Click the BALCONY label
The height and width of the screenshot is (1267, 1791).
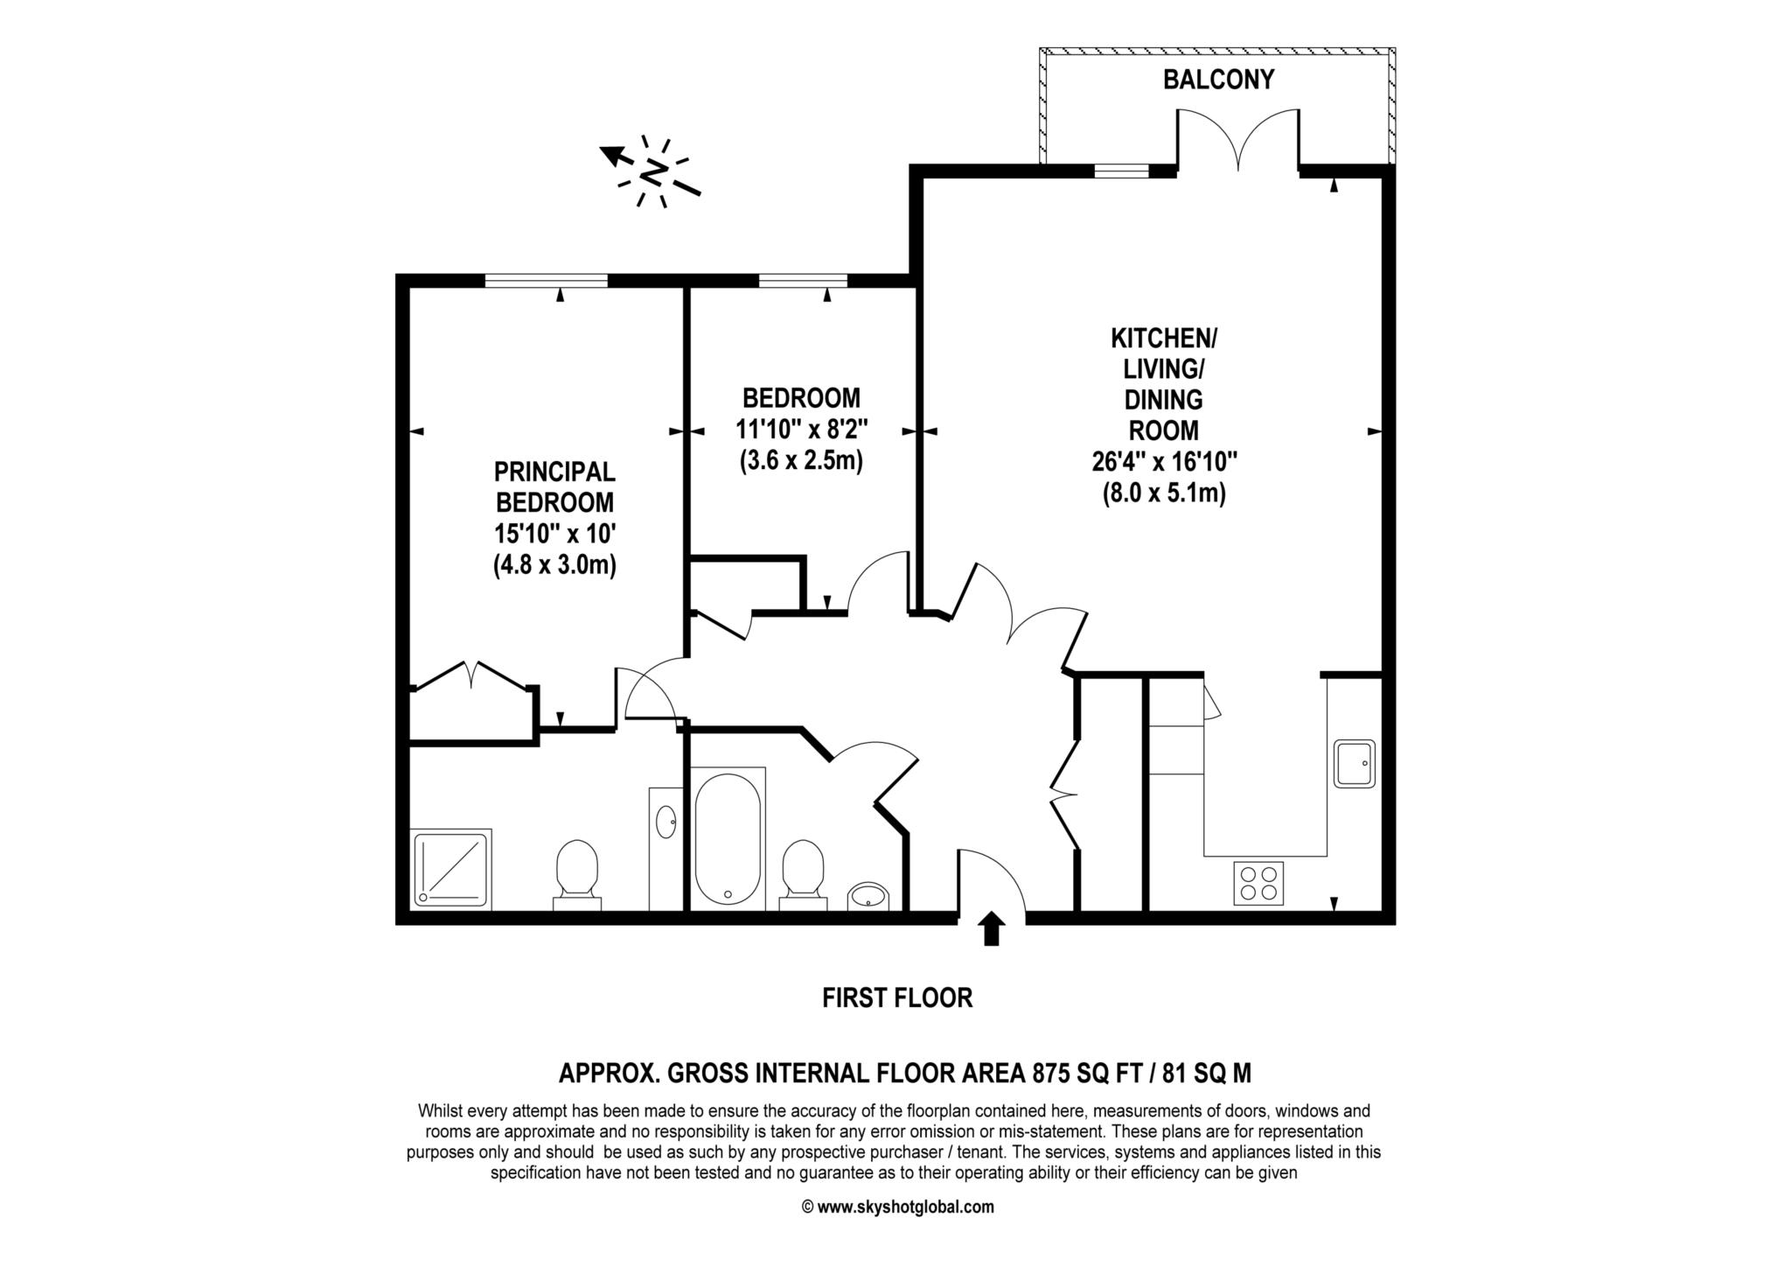1217,80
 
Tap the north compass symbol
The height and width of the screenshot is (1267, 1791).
652,171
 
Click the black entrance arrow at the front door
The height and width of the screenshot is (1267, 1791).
991,928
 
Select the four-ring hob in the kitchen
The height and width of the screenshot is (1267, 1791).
1258,883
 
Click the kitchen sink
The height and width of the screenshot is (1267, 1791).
1354,763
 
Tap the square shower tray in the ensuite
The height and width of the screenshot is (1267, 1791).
451,868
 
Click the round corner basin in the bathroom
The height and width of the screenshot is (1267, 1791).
868,895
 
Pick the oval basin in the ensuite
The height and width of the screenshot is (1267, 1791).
666,822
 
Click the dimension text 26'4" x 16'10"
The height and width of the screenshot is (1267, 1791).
1164,461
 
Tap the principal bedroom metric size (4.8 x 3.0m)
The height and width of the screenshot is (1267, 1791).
554,565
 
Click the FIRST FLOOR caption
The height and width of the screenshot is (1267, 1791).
897,997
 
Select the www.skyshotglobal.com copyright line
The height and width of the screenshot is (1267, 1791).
897,1207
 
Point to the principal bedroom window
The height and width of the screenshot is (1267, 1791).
546,281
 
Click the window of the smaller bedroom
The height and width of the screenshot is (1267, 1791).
804,281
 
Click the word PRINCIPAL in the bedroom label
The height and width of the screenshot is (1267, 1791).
554,472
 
